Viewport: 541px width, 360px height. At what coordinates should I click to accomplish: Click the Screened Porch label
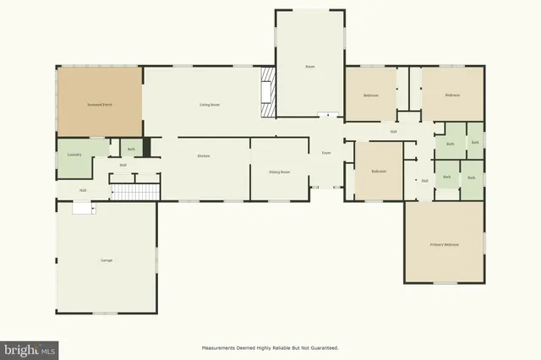point(100,105)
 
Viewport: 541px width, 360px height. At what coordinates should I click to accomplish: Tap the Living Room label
point(210,105)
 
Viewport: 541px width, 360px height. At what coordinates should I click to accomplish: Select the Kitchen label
point(204,156)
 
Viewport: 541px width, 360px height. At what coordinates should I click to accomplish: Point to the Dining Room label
point(280,172)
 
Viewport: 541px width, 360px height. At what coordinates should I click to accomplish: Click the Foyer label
point(325,153)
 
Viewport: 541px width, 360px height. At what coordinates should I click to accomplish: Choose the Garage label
point(107,260)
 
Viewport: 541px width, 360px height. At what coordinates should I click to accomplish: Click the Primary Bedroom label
point(444,245)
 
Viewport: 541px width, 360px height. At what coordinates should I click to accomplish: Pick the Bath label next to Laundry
point(131,150)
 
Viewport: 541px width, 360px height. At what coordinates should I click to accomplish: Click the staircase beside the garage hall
point(136,193)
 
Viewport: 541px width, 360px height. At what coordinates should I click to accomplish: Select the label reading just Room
point(310,66)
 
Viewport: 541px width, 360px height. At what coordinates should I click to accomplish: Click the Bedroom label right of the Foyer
point(379,172)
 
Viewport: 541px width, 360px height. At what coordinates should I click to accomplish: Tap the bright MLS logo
point(30,348)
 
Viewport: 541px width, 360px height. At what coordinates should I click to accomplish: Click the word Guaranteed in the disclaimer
point(320,348)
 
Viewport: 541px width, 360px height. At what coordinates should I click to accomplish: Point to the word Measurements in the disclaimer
point(221,348)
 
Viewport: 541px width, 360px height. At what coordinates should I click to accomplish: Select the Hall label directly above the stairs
point(123,165)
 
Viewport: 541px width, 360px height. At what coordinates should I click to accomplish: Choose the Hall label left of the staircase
point(83,190)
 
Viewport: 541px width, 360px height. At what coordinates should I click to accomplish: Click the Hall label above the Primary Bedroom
point(424,180)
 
